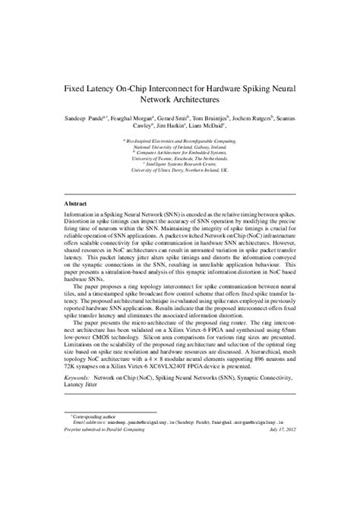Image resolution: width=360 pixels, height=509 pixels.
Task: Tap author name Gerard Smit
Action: click(x=179, y=120)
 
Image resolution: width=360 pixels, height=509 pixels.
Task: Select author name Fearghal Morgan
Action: click(x=129, y=120)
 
